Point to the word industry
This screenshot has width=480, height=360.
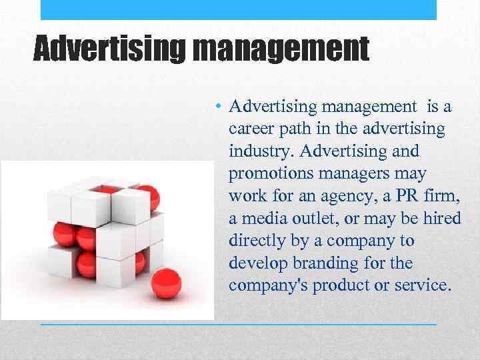(260, 151)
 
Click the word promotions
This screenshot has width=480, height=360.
(271, 174)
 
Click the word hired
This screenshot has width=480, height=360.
(441, 218)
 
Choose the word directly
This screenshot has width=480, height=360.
(255, 241)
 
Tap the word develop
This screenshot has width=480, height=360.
(257, 263)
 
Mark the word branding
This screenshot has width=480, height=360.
(321, 263)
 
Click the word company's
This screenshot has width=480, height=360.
(265, 285)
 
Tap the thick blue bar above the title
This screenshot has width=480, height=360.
(239, 9)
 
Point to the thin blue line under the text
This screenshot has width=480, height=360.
(239, 324)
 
